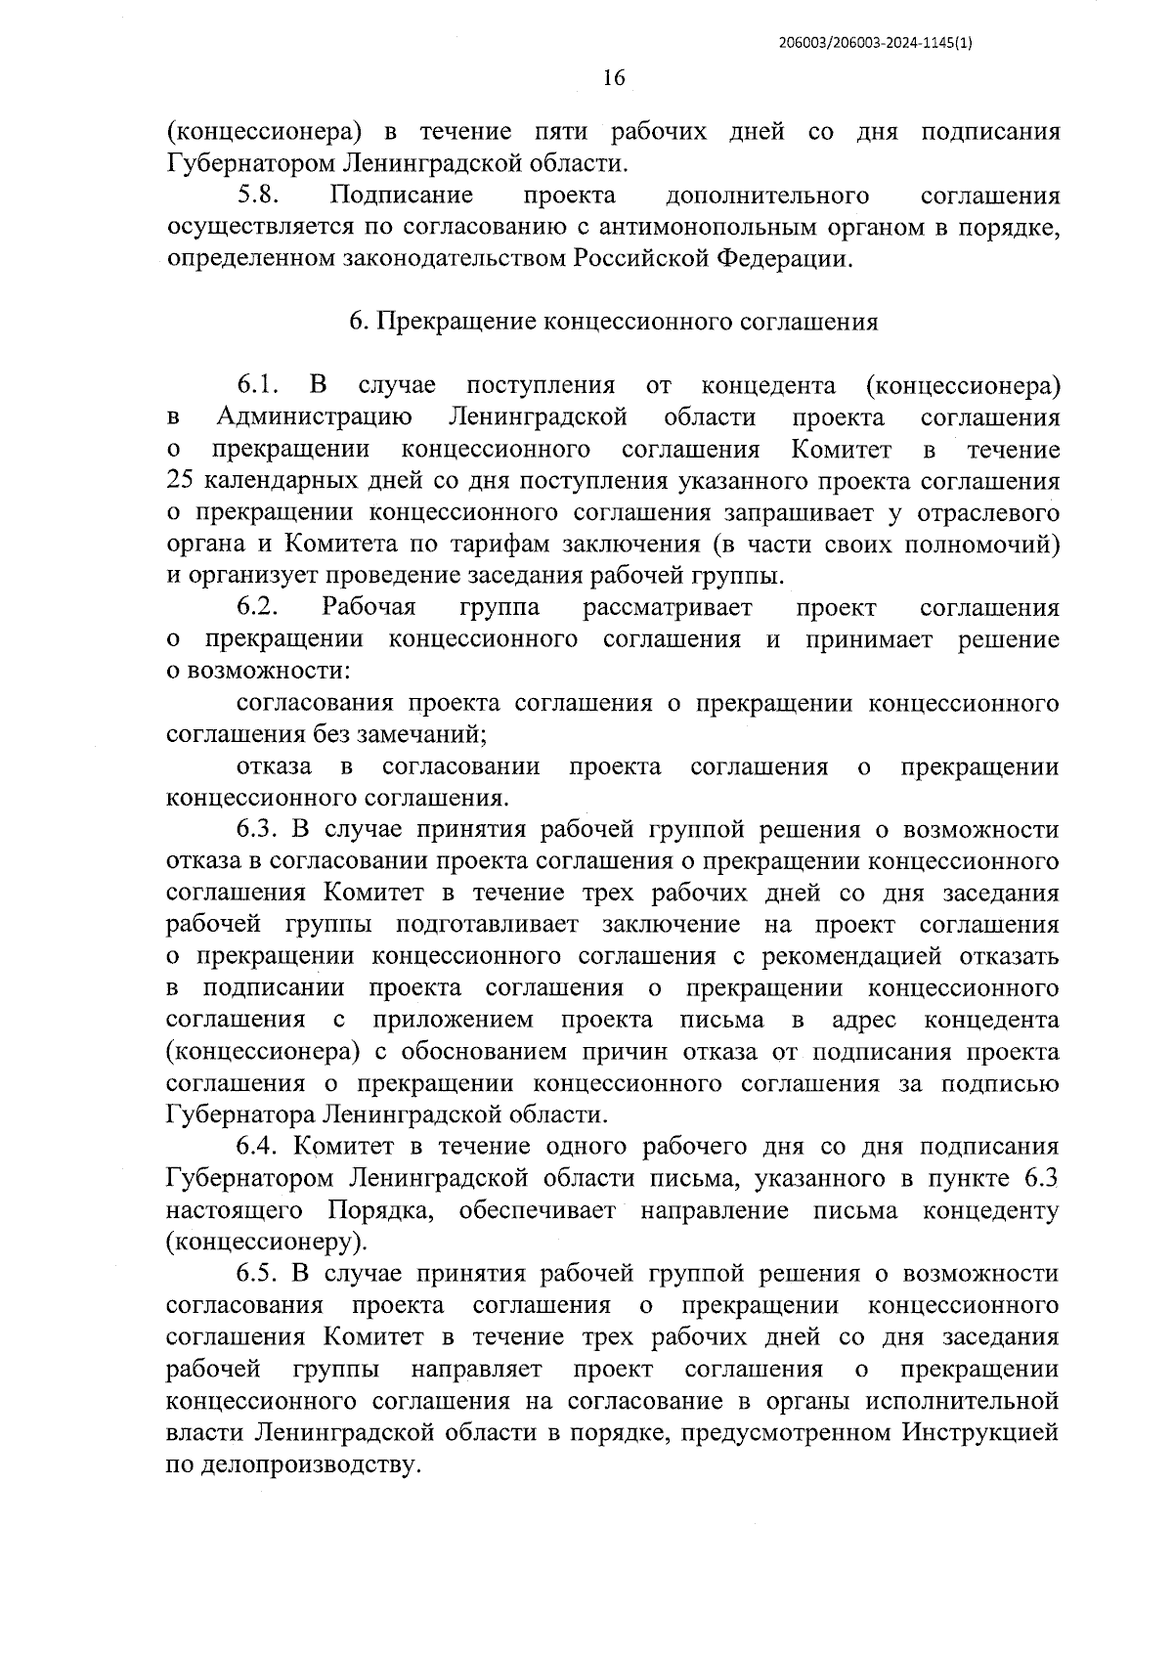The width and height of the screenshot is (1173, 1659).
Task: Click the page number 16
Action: point(614,78)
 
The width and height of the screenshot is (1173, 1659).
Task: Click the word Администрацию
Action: point(314,417)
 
